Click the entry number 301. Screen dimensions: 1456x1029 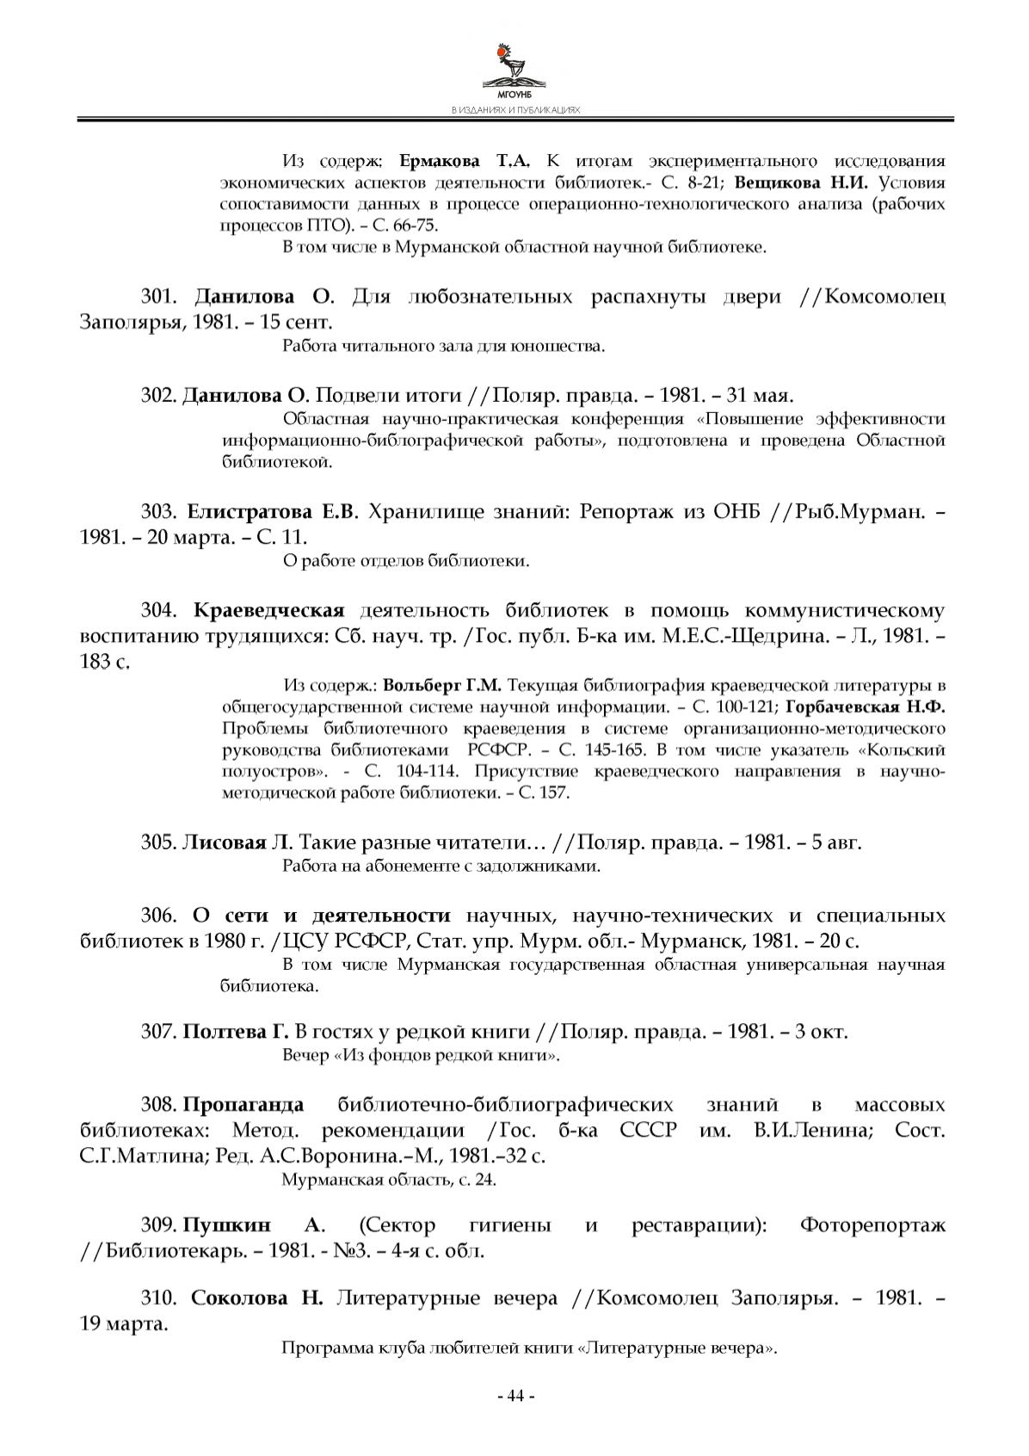[x=158, y=298]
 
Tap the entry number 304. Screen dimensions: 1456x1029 [x=158, y=611]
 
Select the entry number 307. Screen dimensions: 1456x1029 [x=158, y=1031]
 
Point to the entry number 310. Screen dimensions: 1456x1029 [x=158, y=1298]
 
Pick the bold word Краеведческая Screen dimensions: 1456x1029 [x=268, y=611]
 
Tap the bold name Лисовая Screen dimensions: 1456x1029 [x=224, y=842]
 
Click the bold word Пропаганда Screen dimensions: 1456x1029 [x=243, y=1105]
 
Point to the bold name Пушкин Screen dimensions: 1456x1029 [x=226, y=1225]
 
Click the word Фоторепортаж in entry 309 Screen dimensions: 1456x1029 [x=872, y=1225]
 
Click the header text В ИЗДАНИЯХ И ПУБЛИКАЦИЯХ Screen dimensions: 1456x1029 [x=514, y=111]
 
